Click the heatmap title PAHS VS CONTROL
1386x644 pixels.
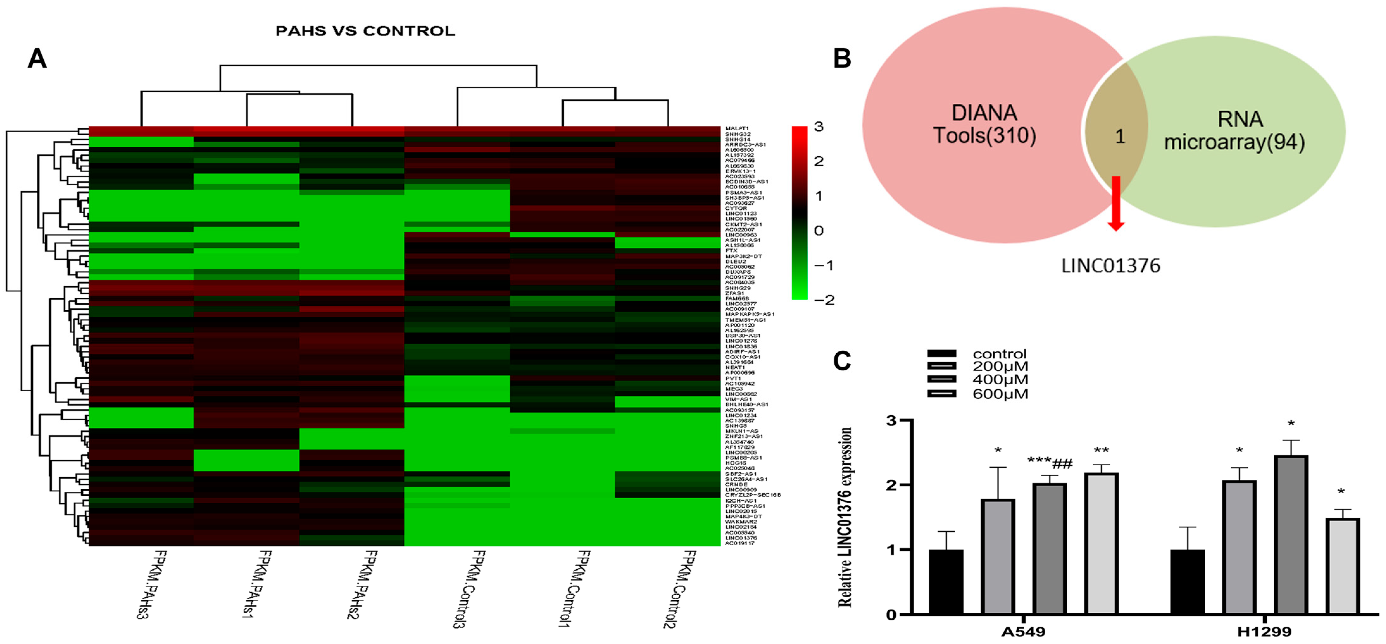tap(365, 31)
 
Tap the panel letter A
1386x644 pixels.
tap(37, 58)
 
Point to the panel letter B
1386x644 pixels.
tap(842, 58)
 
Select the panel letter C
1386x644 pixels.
tap(842, 361)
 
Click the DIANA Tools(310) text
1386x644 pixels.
tap(985, 124)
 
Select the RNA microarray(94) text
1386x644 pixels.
tap(1235, 131)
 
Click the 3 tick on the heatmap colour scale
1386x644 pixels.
tap(818, 127)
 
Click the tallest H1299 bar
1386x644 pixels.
tap(1291, 535)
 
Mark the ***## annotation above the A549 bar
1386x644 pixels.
tap(1050, 462)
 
